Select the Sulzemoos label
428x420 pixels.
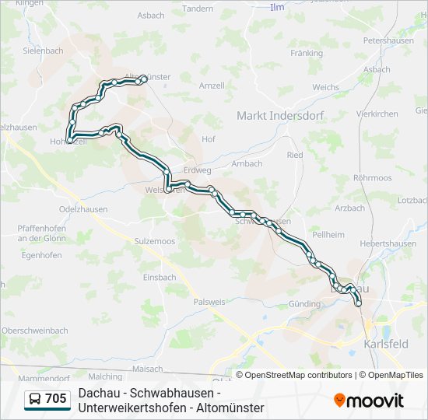point(154,241)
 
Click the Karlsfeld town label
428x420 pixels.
point(386,343)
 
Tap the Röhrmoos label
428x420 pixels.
point(372,178)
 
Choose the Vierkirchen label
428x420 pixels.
point(377,113)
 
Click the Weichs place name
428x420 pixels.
point(325,88)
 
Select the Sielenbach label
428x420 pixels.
point(43,51)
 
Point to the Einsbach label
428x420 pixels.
point(160,277)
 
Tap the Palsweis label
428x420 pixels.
point(209,302)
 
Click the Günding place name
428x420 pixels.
point(303,304)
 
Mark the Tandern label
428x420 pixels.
point(197,9)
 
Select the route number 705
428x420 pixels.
point(56,400)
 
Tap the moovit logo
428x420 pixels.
point(369,401)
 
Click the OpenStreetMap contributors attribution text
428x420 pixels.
point(294,375)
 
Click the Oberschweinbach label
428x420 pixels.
point(34,330)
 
